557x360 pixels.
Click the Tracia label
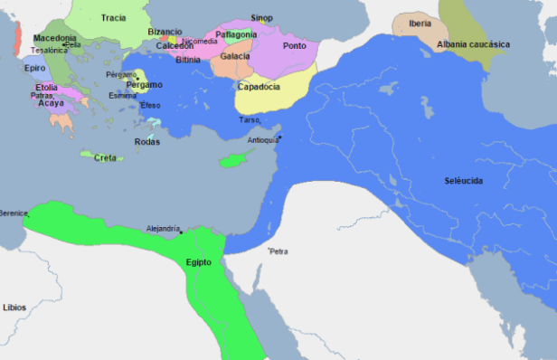coord(114,18)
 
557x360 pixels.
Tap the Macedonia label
coord(54,38)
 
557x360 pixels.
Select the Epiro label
coord(35,68)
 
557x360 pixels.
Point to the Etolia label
coord(46,88)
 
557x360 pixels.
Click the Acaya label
coord(52,103)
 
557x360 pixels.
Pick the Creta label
coord(105,157)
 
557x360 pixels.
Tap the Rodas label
coord(146,141)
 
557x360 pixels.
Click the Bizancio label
coord(165,31)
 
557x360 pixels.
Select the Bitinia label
coord(188,60)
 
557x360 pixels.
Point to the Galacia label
coord(235,56)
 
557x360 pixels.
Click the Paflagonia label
coord(237,34)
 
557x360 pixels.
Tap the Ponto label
coord(294,45)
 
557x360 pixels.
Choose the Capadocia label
coord(259,87)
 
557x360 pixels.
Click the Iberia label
coord(420,24)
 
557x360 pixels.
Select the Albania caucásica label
coord(474,44)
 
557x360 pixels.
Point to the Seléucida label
coord(463,181)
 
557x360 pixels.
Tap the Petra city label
coord(278,251)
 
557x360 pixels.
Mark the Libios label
coord(14,308)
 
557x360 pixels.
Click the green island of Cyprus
coord(233,161)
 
